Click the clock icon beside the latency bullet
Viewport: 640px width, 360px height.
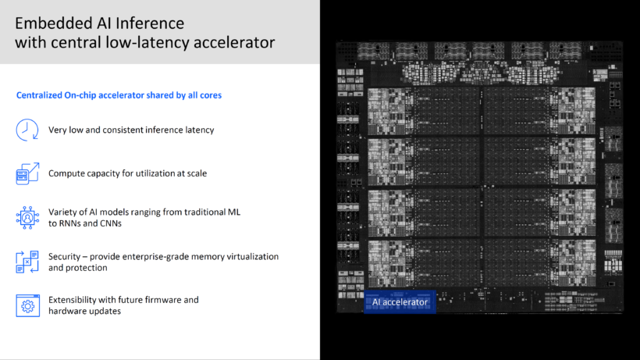(x=27, y=130)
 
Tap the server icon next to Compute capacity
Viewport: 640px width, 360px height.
(x=27, y=173)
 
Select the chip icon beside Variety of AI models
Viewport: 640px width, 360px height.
(x=27, y=218)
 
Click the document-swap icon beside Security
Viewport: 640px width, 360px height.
(x=27, y=262)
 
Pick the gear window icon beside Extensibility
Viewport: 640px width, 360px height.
(x=28, y=305)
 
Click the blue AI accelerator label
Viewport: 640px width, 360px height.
(x=400, y=302)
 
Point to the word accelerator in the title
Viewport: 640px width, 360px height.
(x=234, y=42)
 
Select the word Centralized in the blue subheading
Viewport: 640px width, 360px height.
(x=39, y=95)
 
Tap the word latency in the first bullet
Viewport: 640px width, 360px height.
(x=200, y=130)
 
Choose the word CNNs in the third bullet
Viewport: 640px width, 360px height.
(x=111, y=223)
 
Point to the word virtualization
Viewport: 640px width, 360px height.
(x=250, y=257)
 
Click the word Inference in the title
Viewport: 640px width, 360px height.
(x=150, y=23)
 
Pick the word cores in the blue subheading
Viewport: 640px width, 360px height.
(x=211, y=95)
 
